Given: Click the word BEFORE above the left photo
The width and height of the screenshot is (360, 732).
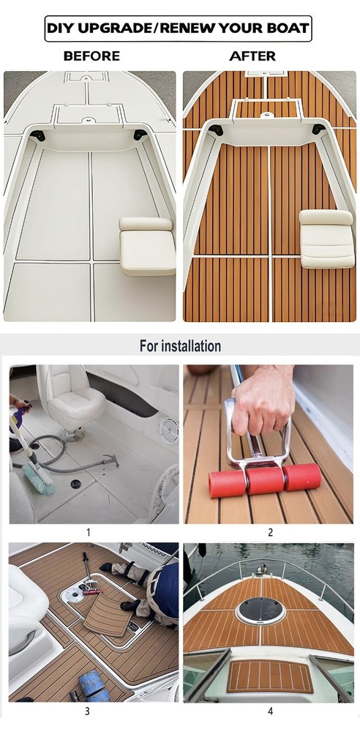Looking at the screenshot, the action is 91,56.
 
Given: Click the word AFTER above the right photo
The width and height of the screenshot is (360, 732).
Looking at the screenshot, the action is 252,56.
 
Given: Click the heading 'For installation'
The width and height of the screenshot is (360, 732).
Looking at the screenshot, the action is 180,346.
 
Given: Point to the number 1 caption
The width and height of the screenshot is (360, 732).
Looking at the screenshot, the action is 89,531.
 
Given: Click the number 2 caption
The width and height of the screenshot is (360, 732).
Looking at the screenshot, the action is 270,531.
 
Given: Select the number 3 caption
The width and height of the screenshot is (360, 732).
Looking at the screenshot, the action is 87,712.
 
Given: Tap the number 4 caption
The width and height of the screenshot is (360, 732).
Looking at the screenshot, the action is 270,712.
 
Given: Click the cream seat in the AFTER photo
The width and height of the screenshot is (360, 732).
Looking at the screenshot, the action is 327,239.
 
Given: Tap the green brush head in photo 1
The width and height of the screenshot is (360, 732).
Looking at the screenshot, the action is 38,482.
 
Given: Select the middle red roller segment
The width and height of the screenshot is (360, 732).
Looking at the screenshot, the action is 264,480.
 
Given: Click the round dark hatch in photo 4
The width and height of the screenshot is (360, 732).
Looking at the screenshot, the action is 260,609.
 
